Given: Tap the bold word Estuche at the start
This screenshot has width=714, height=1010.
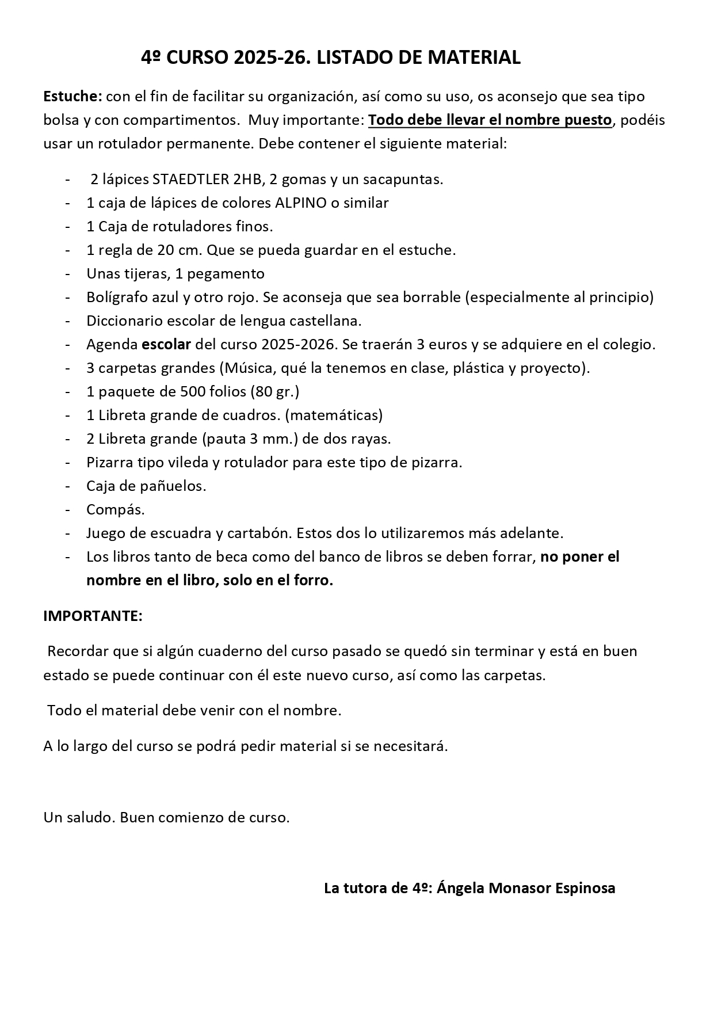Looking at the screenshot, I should (72, 97).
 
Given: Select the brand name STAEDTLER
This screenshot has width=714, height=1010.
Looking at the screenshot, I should (190, 179).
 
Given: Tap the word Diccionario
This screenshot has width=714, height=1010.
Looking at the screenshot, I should (121, 321).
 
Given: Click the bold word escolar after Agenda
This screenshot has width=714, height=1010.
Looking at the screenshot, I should (166, 344).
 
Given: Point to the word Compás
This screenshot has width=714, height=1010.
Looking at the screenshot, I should (115, 509).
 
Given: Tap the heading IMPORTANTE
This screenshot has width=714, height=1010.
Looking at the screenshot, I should (93, 616).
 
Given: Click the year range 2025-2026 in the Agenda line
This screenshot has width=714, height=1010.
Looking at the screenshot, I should (298, 344).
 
